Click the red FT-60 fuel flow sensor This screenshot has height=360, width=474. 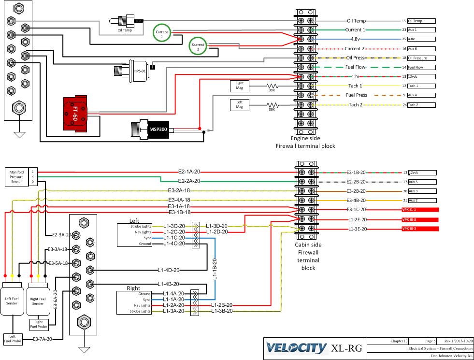81,114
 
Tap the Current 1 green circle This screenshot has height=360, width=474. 162,33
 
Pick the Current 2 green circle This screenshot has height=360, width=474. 197,46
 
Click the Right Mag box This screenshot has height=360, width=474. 240,86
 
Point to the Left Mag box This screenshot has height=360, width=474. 240,105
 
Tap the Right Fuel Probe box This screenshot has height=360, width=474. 39,324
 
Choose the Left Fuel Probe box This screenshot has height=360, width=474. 13,339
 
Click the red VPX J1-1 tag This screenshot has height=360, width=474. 419,210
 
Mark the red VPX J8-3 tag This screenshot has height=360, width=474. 419,228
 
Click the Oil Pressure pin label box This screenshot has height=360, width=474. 421,58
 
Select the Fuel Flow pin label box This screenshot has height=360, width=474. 421,67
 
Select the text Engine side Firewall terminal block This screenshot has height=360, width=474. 305,142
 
